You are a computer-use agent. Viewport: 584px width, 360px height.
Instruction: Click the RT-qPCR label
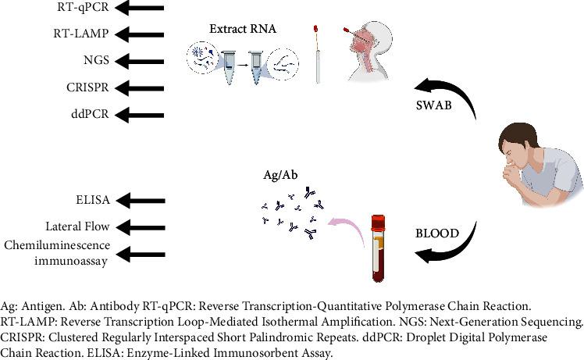83,9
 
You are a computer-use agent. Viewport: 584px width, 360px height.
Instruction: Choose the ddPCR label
89,114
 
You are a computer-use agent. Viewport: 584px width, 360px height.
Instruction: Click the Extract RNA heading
242,29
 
